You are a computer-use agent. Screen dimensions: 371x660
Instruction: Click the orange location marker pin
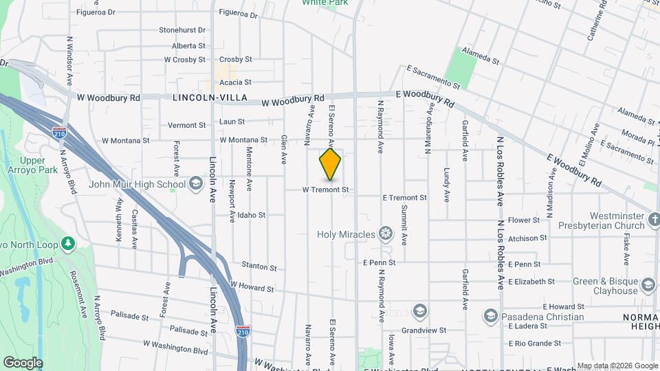[330, 164]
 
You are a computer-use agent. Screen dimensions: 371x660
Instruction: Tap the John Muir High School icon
[196, 183]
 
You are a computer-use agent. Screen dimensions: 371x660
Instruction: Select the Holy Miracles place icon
[386, 234]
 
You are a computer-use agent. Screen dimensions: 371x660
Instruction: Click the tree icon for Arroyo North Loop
[68, 244]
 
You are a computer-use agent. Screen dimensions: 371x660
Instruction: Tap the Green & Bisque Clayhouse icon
[648, 285]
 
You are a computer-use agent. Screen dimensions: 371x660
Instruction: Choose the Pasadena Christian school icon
[490, 315]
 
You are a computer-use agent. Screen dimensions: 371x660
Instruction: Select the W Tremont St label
[326, 190]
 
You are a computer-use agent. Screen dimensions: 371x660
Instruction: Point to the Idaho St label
[252, 215]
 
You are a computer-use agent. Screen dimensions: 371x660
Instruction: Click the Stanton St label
[258, 266]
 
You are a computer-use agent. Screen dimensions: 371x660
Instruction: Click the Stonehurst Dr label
[182, 30]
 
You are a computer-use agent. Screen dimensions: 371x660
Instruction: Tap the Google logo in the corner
[23, 362]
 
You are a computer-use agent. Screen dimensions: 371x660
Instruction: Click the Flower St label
[524, 221]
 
